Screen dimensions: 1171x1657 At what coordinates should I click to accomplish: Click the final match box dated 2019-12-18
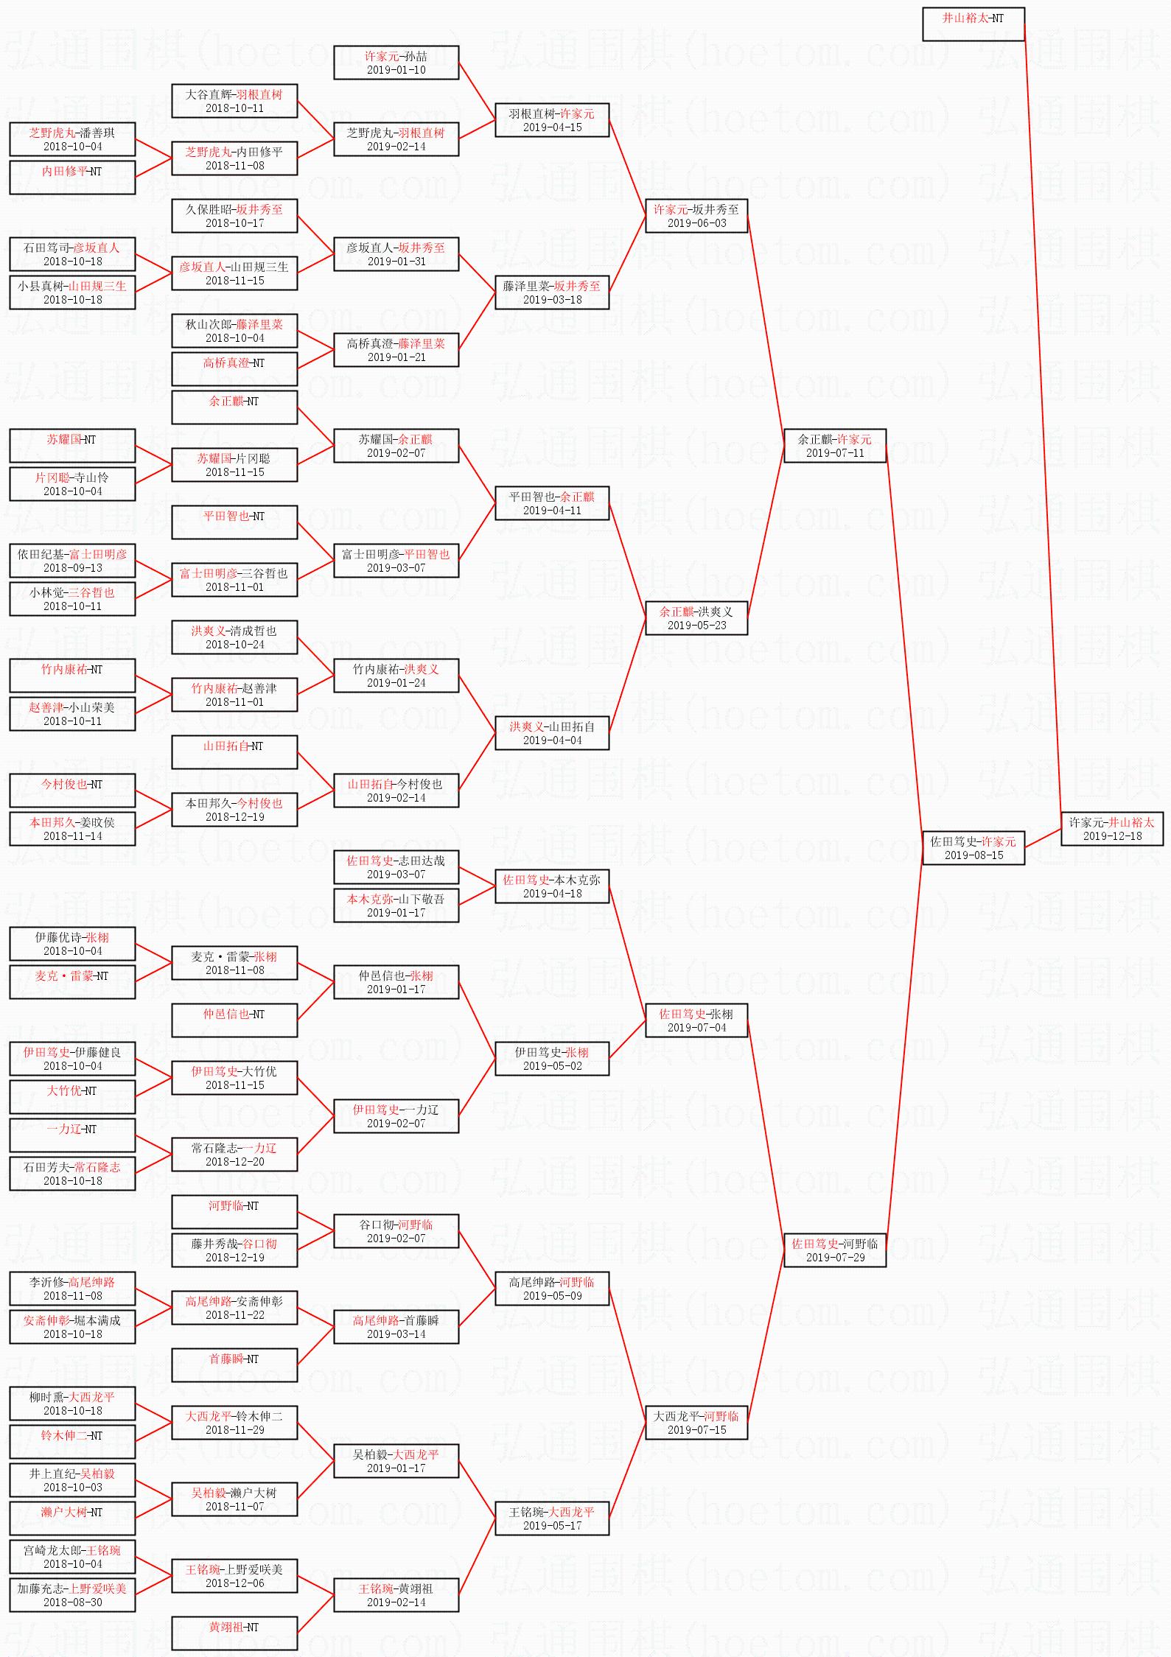tap(1111, 828)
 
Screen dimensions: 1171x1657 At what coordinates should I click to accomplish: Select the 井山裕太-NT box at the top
tap(973, 24)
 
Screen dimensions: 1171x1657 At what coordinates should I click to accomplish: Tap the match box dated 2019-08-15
tap(973, 847)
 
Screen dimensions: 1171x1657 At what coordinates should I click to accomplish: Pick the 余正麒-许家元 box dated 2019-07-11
tap(834, 445)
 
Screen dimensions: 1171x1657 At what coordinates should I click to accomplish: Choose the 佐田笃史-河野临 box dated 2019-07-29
tap(834, 1250)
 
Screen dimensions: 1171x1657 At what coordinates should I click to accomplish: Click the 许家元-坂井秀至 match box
tap(696, 215)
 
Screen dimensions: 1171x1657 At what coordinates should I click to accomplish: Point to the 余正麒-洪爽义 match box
tap(696, 617)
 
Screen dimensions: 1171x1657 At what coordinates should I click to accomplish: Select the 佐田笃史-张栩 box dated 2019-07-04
tap(696, 1020)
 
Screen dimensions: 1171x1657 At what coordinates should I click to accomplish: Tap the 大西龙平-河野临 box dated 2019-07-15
tap(696, 1422)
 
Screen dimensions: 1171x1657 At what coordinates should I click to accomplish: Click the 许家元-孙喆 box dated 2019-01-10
tap(396, 62)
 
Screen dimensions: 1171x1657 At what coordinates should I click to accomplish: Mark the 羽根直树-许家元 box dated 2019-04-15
tap(552, 119)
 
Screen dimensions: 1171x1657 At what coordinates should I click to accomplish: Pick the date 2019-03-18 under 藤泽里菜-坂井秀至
tap(552, 299)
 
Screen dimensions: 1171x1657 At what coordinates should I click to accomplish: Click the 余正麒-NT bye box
tap(234, 407)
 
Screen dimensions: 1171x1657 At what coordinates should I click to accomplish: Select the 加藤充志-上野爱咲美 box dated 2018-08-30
tap(72, 1594)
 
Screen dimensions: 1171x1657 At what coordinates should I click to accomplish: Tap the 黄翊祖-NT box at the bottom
tap(234, 1633)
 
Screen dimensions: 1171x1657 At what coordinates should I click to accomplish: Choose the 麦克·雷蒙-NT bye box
tap(72, 981)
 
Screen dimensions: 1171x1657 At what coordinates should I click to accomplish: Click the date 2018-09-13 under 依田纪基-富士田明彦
tap(72, 567)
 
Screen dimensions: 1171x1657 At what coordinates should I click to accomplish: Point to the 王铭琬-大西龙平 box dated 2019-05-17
tap(552, 1518)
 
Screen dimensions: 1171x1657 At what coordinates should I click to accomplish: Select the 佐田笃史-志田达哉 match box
tap(396, 866)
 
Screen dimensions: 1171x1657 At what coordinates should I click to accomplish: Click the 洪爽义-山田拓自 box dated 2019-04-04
tap(552, 732)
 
